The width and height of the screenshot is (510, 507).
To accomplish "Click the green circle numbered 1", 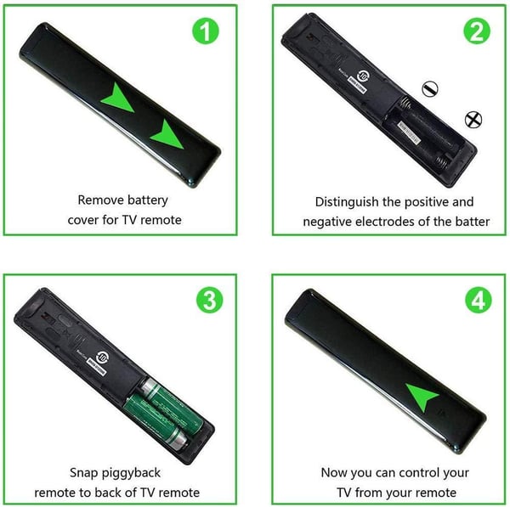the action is coord(206,31).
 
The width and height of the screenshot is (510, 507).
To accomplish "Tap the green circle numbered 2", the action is coord(477,31).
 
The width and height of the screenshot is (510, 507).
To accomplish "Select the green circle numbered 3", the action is coord(210,300).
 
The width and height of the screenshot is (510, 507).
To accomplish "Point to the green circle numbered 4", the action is coord(479,300).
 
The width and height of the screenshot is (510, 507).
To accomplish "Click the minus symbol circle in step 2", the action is coord(429,88).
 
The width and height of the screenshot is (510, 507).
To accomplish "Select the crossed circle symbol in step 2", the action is coord(473,120).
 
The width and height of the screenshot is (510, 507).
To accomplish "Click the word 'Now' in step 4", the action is coord(333,473).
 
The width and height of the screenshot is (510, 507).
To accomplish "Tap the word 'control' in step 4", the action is coord(417,473).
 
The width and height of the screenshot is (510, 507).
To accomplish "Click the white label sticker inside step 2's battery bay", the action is coord(409,133).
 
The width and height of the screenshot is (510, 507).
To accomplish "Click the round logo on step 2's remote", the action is coord(363,76).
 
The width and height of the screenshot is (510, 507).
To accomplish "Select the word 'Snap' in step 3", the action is coord(83,473).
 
